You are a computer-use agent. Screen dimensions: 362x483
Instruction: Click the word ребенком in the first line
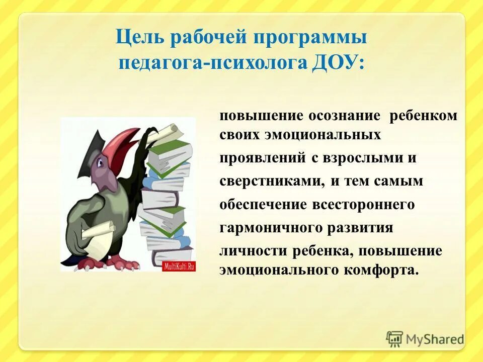point(424,115)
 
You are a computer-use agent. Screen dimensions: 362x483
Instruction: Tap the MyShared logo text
point(434,339)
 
